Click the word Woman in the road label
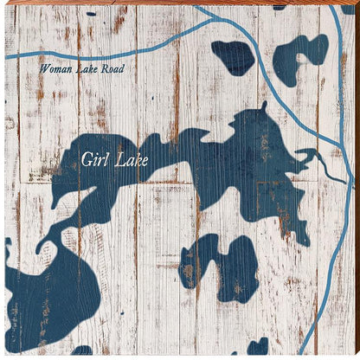[55, 68]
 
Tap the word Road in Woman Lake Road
[112, 68]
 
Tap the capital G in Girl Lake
[87, 159]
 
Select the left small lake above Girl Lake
[234, 56]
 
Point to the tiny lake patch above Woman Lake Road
[91, 14]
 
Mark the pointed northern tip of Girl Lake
[263, 106]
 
